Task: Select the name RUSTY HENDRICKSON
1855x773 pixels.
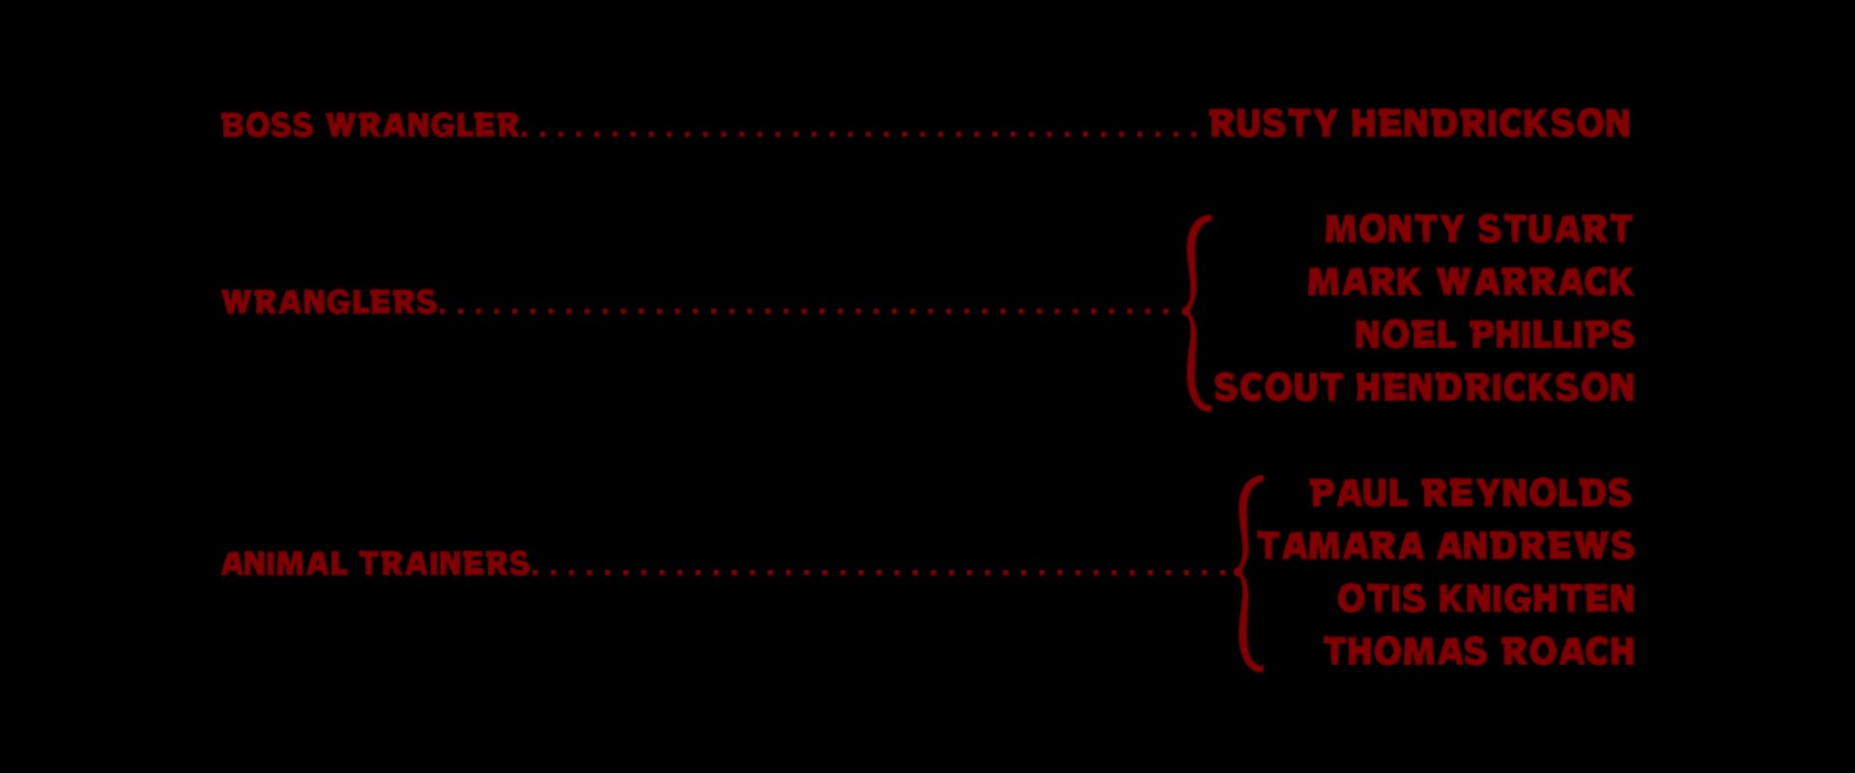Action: point(1419,124)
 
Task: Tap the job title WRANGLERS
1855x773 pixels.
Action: point(329,302)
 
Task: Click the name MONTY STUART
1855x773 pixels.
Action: point(1478,230)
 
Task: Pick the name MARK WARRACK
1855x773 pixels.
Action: point(1470,282)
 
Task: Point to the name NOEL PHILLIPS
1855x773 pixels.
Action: point(1494,335)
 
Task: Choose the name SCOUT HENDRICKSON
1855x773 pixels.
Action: point(1423,387)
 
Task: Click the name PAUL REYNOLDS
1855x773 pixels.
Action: point(1470,494)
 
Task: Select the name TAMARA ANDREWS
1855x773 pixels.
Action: point(1445,546)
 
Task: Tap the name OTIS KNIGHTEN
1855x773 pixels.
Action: point(1485,599)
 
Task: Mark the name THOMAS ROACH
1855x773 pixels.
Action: point(1478,651)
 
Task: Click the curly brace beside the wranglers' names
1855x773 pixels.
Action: point(1197,312)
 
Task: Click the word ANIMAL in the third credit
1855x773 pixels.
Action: point(284,564)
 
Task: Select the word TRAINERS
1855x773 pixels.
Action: point(444,564)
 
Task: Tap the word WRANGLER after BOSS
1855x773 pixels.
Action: point(423,126)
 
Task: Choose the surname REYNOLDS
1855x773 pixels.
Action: point(1527,494)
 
